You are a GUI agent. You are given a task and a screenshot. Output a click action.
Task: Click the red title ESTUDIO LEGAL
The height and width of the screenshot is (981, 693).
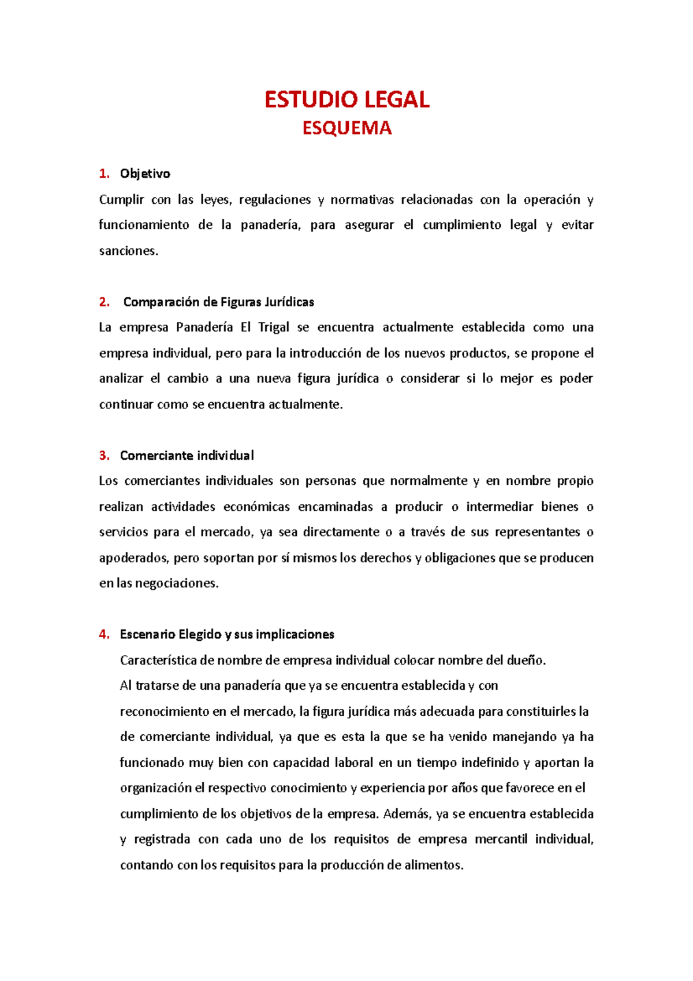[346, 100]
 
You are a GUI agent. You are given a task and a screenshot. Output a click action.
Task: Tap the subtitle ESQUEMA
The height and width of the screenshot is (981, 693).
[346, 128]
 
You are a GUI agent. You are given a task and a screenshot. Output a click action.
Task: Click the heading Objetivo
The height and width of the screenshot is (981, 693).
[145, 174]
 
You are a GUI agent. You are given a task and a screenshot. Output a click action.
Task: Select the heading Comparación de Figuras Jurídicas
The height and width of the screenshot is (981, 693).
[218, 302]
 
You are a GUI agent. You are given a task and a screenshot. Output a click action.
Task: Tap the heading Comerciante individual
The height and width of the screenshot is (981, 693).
[187, 456]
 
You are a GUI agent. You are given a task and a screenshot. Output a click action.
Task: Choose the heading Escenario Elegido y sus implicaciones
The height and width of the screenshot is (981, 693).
[227, 634]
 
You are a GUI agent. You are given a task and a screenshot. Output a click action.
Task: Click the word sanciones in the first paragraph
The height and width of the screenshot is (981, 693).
[128, 251]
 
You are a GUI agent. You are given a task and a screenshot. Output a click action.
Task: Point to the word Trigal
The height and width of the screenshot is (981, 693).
[274, 328]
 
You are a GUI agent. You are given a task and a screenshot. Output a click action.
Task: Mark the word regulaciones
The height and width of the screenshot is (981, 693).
[275, 200]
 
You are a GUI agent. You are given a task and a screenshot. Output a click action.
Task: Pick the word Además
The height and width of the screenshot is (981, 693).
[407, 814]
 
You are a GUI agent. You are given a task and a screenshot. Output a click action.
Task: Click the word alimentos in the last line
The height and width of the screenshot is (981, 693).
[433, 865]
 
